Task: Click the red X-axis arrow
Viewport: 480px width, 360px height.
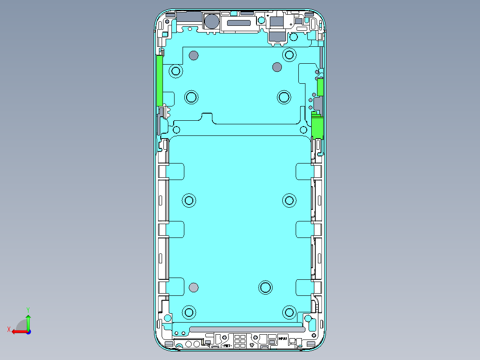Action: (x=18, y=331)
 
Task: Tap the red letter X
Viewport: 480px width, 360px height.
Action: (x=9, y=329)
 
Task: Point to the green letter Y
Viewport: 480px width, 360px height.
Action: (x=28, y=309)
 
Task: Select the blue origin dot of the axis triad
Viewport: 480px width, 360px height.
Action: (x=28, y=331)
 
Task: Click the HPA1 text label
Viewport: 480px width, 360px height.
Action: (x=283, y=339)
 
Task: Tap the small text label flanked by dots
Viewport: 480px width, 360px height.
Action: (x=226, y=345)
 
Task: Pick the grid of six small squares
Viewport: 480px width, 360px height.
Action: (x=240, y=341)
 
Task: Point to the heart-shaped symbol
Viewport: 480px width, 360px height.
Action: (x=252, y=345)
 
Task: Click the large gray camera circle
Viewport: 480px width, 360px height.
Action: (x=211, y=21)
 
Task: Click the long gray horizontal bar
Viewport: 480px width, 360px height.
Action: (x=247, y=329)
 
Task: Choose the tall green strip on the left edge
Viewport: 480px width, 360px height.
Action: (x=159, y=80)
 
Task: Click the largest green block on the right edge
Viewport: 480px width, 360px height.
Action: (x=317, y=127)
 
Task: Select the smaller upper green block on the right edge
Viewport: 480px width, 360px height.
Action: (x=320, y=87)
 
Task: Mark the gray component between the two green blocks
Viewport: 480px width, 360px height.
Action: (x=317, y=105)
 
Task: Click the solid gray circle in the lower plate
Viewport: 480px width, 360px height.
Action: (x=193, y=287)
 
